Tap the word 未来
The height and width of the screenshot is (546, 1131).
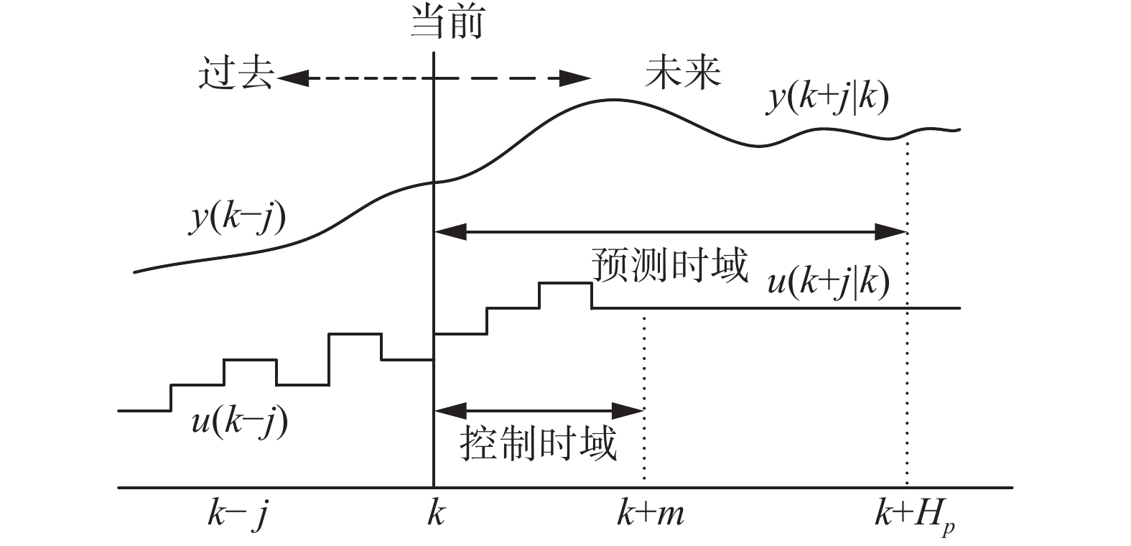coord(683,72)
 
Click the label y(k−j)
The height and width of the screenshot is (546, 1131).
coord(238,218)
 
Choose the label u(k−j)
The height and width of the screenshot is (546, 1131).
coord(240,422)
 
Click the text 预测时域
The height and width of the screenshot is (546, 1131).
coord(669,266)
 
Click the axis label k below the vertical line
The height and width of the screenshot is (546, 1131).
coord(435,515)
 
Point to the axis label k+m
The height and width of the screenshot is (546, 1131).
coord(650,515)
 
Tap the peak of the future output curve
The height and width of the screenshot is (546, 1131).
coord(611,99)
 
